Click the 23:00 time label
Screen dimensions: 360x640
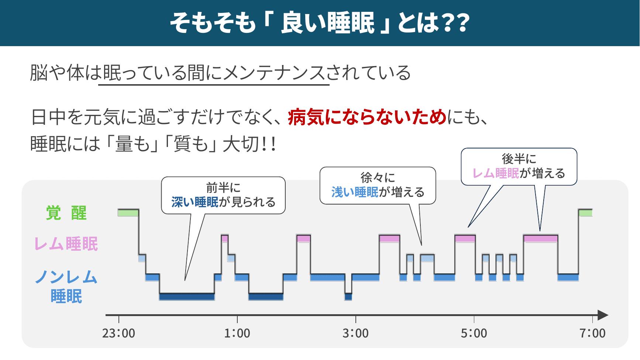pyautogui.click(x=118, y=333)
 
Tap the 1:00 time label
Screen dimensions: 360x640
pyautogui.click(x=237, y=333)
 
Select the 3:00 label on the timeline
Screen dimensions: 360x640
pyautogui.click(x=355, y=333)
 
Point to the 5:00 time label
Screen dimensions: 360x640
pyautogui.click(x=474, y=333)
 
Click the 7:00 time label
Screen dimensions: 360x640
pyautogui.click(x=592, y=333)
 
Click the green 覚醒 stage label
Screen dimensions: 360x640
pyautogui.click(x=66, y=213)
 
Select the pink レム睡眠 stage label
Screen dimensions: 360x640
pyautogui.click(x=66, y=244)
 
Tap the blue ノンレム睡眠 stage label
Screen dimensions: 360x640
pyautogui.click(x=66, y=287)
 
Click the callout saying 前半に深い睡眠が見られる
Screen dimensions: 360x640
pyautogui.click(x=223, y=195)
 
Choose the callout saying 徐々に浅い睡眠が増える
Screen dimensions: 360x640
pyautogui.click(x=378, y=185)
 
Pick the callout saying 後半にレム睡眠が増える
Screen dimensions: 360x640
pyautogui.click(x=519, y=167)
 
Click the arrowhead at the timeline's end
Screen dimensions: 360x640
pyautogui.click(x=602, y=315)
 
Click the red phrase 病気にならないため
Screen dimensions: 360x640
pyautogui.click(x=367, y=117)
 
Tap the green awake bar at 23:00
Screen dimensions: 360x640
pyautogui.click(x=128, y=213)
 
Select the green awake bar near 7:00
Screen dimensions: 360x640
pyautogui.click(x=585, y=213)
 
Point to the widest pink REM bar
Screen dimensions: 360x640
pyautogui.click(x=540, y=238)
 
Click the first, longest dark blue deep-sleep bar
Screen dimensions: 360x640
pyautogui.click(x=187, y=296)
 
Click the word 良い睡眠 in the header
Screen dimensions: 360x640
pyautogui.click(x=328, y=23)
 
